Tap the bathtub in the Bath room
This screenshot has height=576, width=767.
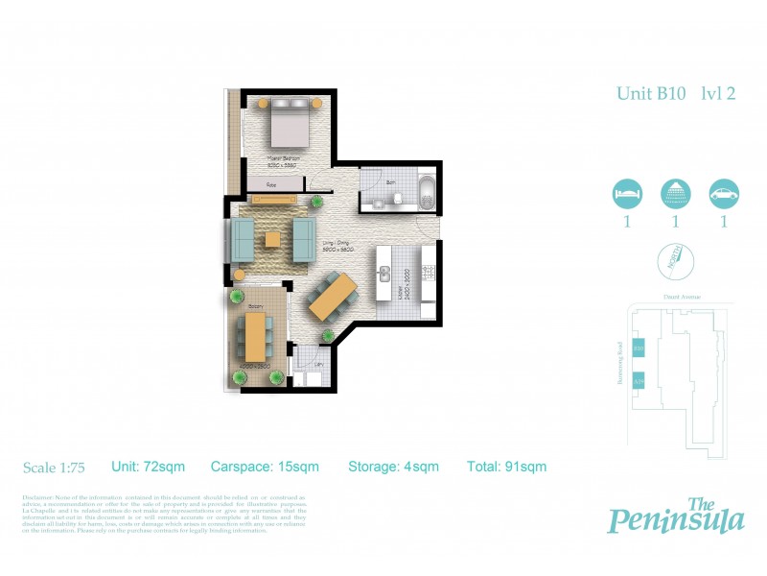[425, 191]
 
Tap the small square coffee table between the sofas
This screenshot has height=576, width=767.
[273, 239]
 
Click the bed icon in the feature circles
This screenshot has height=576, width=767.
[626, 194]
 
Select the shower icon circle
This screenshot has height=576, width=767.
[675, 194]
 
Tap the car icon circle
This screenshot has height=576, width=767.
[723, 194]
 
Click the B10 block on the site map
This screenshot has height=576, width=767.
[639, 347]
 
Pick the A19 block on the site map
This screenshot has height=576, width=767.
[639, 381]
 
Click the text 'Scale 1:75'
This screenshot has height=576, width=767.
[55, 468]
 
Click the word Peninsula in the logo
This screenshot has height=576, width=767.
[676, 520]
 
